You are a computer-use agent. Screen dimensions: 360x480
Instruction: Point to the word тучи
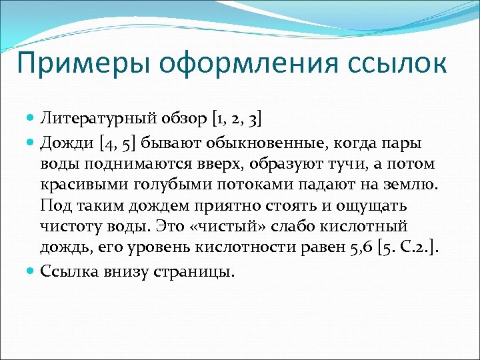[x=340, y=164]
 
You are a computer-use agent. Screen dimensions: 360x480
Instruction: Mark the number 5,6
[x=360, y=249]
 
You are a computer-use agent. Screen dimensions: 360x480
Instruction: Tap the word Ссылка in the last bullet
[x=68, y=272]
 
